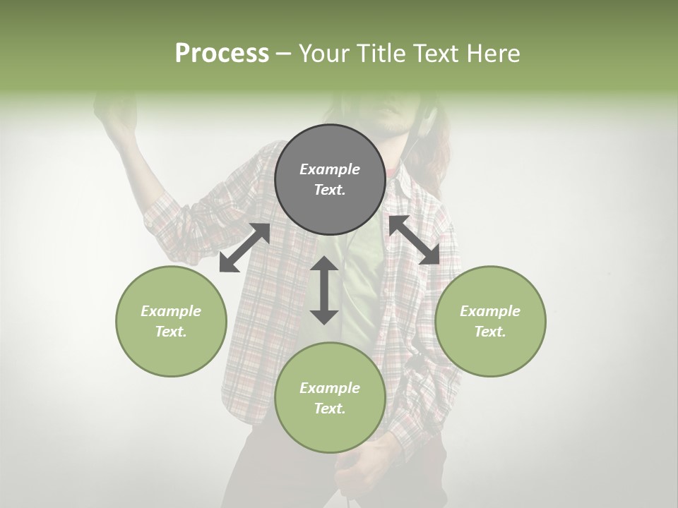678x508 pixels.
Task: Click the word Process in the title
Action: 222,54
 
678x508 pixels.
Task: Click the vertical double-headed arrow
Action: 324,290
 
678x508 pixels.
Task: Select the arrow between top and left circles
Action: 244,248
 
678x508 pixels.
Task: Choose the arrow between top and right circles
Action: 415,240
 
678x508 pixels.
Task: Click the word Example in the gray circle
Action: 330,169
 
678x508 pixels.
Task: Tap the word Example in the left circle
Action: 171,311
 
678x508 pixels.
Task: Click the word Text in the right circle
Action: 490,332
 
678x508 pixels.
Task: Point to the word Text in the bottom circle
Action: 330,409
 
